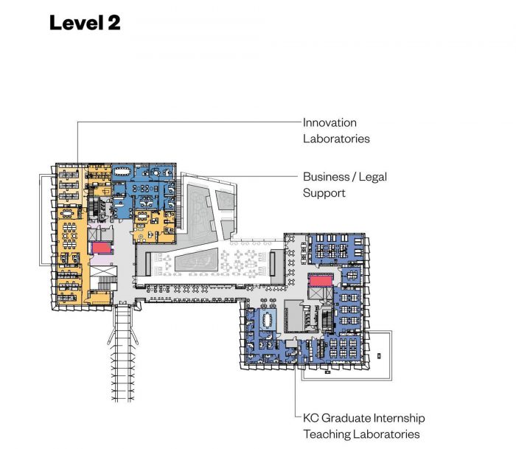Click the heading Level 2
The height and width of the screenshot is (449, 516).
[x=84, y=22]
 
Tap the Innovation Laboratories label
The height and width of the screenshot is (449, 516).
[x=336, y=130]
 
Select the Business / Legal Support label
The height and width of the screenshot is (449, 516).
[x=344, y=185]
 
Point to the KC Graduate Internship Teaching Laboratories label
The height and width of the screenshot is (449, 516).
[x=361, y=426]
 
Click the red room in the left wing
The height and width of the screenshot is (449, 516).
[x=100, y=248]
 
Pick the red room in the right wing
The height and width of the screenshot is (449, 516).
[x=320, y=280]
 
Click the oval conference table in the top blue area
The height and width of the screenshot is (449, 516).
[x=139, y=173]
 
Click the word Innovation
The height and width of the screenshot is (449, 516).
[x=330, y=122]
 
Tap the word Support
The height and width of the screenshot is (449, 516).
[x=324, y=193]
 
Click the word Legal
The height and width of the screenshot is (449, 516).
[x=372, y=177]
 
